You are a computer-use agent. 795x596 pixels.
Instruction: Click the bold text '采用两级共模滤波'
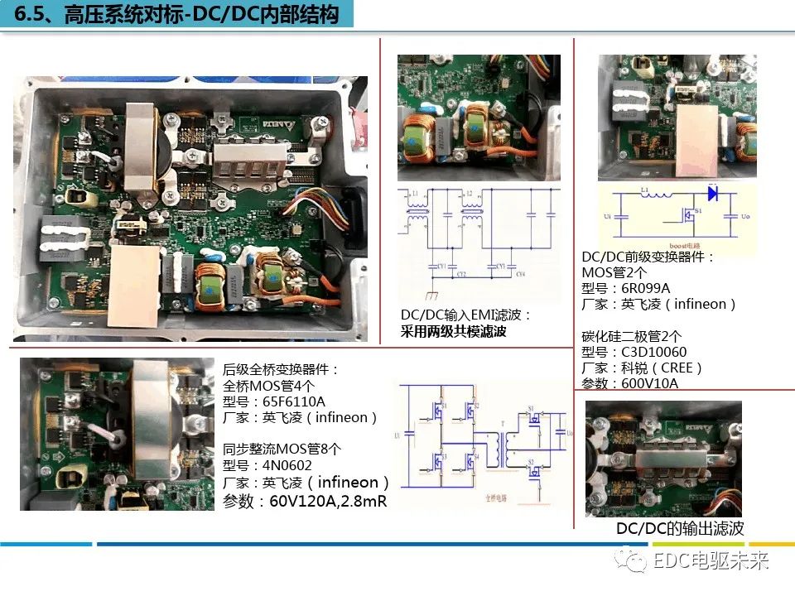click(x=453, y=331)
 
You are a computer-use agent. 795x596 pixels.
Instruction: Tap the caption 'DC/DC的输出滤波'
click(x=680, y=528)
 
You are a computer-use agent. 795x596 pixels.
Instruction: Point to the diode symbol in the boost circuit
click(x=711, y=193)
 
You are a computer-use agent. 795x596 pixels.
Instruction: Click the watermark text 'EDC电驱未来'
click(x=711, y=562)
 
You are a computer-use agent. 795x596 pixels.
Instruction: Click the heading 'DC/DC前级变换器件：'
click(x=648, y=257)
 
